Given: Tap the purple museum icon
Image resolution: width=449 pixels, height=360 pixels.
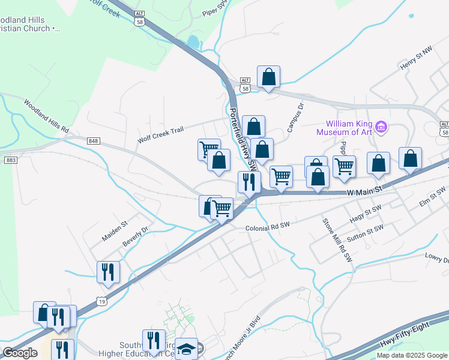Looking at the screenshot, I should click(x=381, y=127).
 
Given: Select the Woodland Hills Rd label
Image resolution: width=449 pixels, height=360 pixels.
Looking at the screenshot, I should click(x=47, y=116).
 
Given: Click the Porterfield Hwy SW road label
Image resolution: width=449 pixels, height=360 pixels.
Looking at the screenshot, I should click(x=243, y=139).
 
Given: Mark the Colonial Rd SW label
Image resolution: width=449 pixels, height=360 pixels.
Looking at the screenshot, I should click(x=268, y=227).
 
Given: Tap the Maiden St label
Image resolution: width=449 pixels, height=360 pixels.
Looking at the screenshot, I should click(x=115, y=231).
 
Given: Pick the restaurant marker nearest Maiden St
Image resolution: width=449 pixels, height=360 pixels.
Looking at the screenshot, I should click(x=108, y=272).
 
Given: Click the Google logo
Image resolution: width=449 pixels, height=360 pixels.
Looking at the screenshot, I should click(x=20, y=353).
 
